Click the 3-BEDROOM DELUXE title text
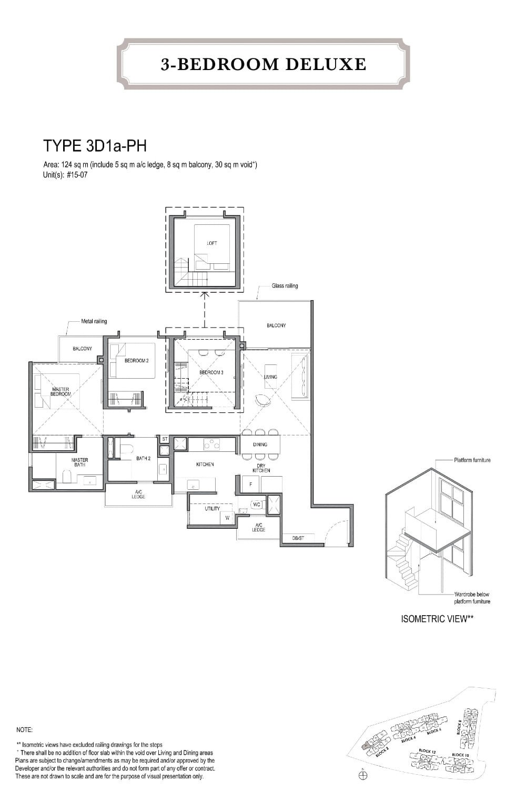[264, 64]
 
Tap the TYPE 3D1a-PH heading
[94, 145]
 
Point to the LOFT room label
[212, 243]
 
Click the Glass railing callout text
[285, 286]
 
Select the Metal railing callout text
[94, 321]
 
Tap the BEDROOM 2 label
[136, 361]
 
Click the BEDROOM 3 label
[211, 372]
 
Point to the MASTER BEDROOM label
[61, 391]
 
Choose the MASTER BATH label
[79, 462]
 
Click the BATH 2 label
[143, 458]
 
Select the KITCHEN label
[205, 465]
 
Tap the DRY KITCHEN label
[261, 468]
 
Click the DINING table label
[260, 444]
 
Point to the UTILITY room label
[213, 509]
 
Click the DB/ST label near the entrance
[298, 538]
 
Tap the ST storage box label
[165, 439]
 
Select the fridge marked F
[251, 484]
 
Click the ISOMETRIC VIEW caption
[437, 619]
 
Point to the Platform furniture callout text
[472, 460]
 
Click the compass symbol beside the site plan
[363, 775]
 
